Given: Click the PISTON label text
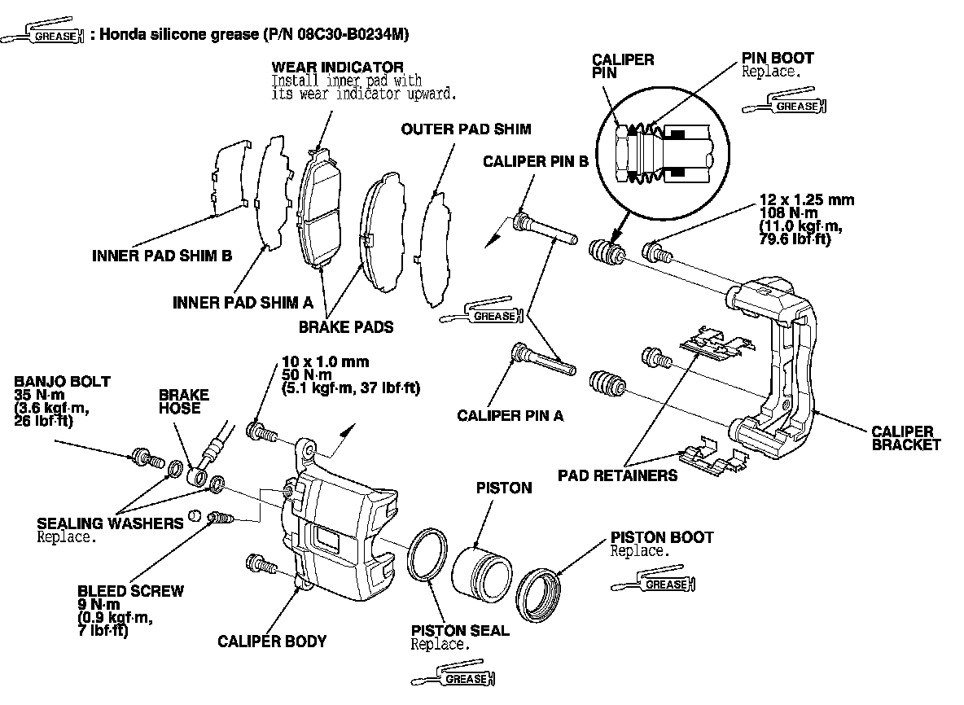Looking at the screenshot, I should pos(503,488).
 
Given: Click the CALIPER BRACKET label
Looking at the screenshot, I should pos(905,438).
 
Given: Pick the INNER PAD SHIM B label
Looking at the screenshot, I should pos(162,256).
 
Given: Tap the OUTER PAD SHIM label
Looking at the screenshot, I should pos(466,129).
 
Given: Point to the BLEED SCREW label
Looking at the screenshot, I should pos(131,591).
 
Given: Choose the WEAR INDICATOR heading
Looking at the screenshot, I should pos(337,66).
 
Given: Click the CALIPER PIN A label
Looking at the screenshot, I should pos(510,415).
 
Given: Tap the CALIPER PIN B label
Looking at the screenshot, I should pos(535,161).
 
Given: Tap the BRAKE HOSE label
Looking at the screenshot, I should pos(183,401).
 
